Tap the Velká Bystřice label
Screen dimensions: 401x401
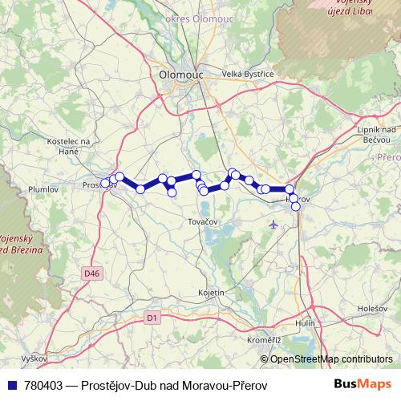[249, 74]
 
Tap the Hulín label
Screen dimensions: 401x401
[305, 322]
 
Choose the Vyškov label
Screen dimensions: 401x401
[35, 358]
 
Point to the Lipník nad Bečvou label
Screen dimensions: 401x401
[375, 134]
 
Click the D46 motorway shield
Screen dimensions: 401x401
[92, 273]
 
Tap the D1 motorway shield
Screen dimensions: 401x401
[153, 318]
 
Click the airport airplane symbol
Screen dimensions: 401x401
[276, 225]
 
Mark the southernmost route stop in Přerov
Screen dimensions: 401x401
[296, 206]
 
